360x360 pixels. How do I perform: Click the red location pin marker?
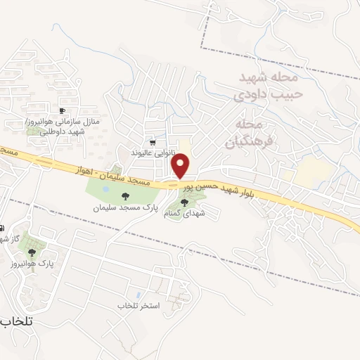point(181,166)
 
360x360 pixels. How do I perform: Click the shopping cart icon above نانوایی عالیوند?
point(153,142)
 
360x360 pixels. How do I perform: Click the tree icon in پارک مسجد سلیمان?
point(126,197)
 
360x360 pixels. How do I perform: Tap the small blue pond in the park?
point(105,189)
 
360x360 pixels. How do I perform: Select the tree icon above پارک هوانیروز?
point(32,252)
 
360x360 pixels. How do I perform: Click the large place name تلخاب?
point(18,320)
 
